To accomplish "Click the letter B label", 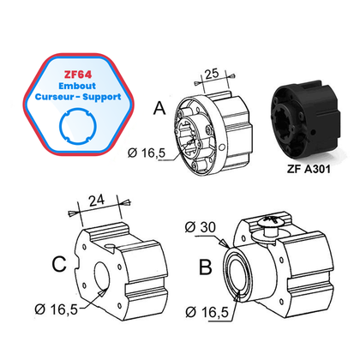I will (205, 267).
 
